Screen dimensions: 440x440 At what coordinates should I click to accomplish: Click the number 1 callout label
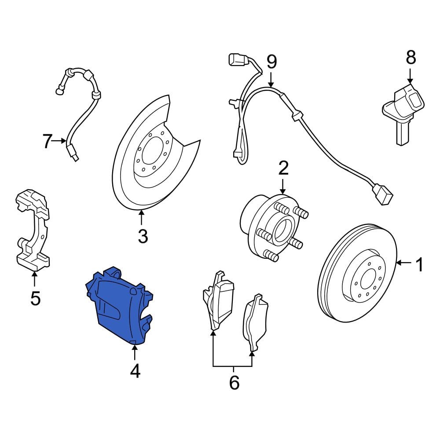(419, 265)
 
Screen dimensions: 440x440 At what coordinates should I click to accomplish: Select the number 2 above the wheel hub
(283, 168)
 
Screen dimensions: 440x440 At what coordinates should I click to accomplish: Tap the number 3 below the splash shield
(143, 236)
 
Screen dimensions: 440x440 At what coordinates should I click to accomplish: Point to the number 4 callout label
(135, 371)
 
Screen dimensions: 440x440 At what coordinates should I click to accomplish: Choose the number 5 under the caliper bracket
(35, 298)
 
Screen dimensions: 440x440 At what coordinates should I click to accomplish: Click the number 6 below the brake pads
(235, 382)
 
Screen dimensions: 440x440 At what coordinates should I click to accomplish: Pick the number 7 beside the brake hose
(48, 141)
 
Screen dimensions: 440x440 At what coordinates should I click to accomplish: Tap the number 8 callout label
(411, 58)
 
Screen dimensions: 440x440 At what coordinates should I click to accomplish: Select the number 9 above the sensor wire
(271, 62)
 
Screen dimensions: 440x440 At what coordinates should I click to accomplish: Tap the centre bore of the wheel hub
(282, 231)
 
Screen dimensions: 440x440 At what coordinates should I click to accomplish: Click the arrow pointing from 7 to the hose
(60, 141)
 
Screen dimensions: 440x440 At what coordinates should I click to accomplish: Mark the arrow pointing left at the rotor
(404, 263)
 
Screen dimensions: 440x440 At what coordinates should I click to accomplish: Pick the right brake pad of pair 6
(255, 322)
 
